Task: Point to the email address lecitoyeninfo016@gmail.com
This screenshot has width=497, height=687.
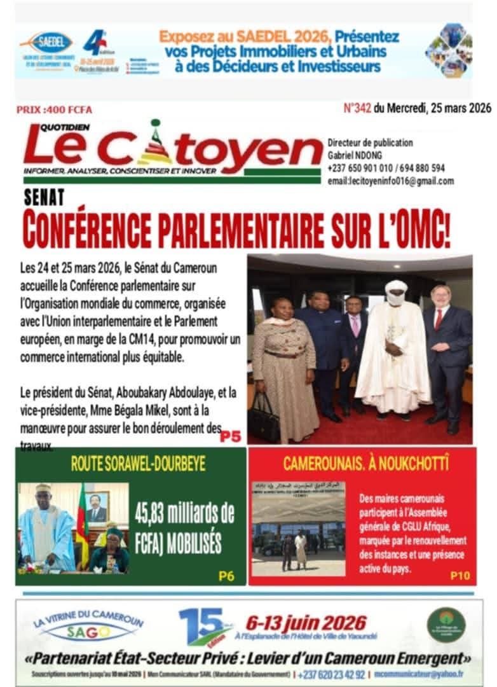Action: tap(391, 181)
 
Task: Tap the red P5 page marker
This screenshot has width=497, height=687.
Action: tap(230, 437)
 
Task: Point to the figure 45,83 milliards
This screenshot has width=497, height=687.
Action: tap(184, 512)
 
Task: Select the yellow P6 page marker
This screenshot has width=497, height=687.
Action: tap(226, 576)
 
